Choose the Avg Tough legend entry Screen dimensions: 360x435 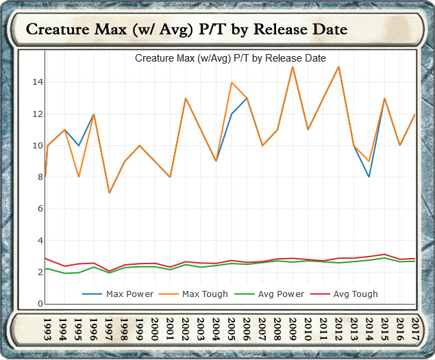(x=355, y=294)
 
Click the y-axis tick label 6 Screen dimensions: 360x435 (x=40, y=209)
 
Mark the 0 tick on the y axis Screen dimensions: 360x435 (x=40, y=304)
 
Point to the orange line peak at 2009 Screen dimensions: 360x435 (x=293, y=66)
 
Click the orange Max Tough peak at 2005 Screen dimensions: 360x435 (x=232, y=82)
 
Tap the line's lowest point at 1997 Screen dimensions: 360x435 (x=109, y=193)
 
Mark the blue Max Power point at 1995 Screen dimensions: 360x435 (x=78, y=146)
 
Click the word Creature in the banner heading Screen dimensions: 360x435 (x=57, y=30)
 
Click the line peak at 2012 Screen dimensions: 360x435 (x=339, y=66)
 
